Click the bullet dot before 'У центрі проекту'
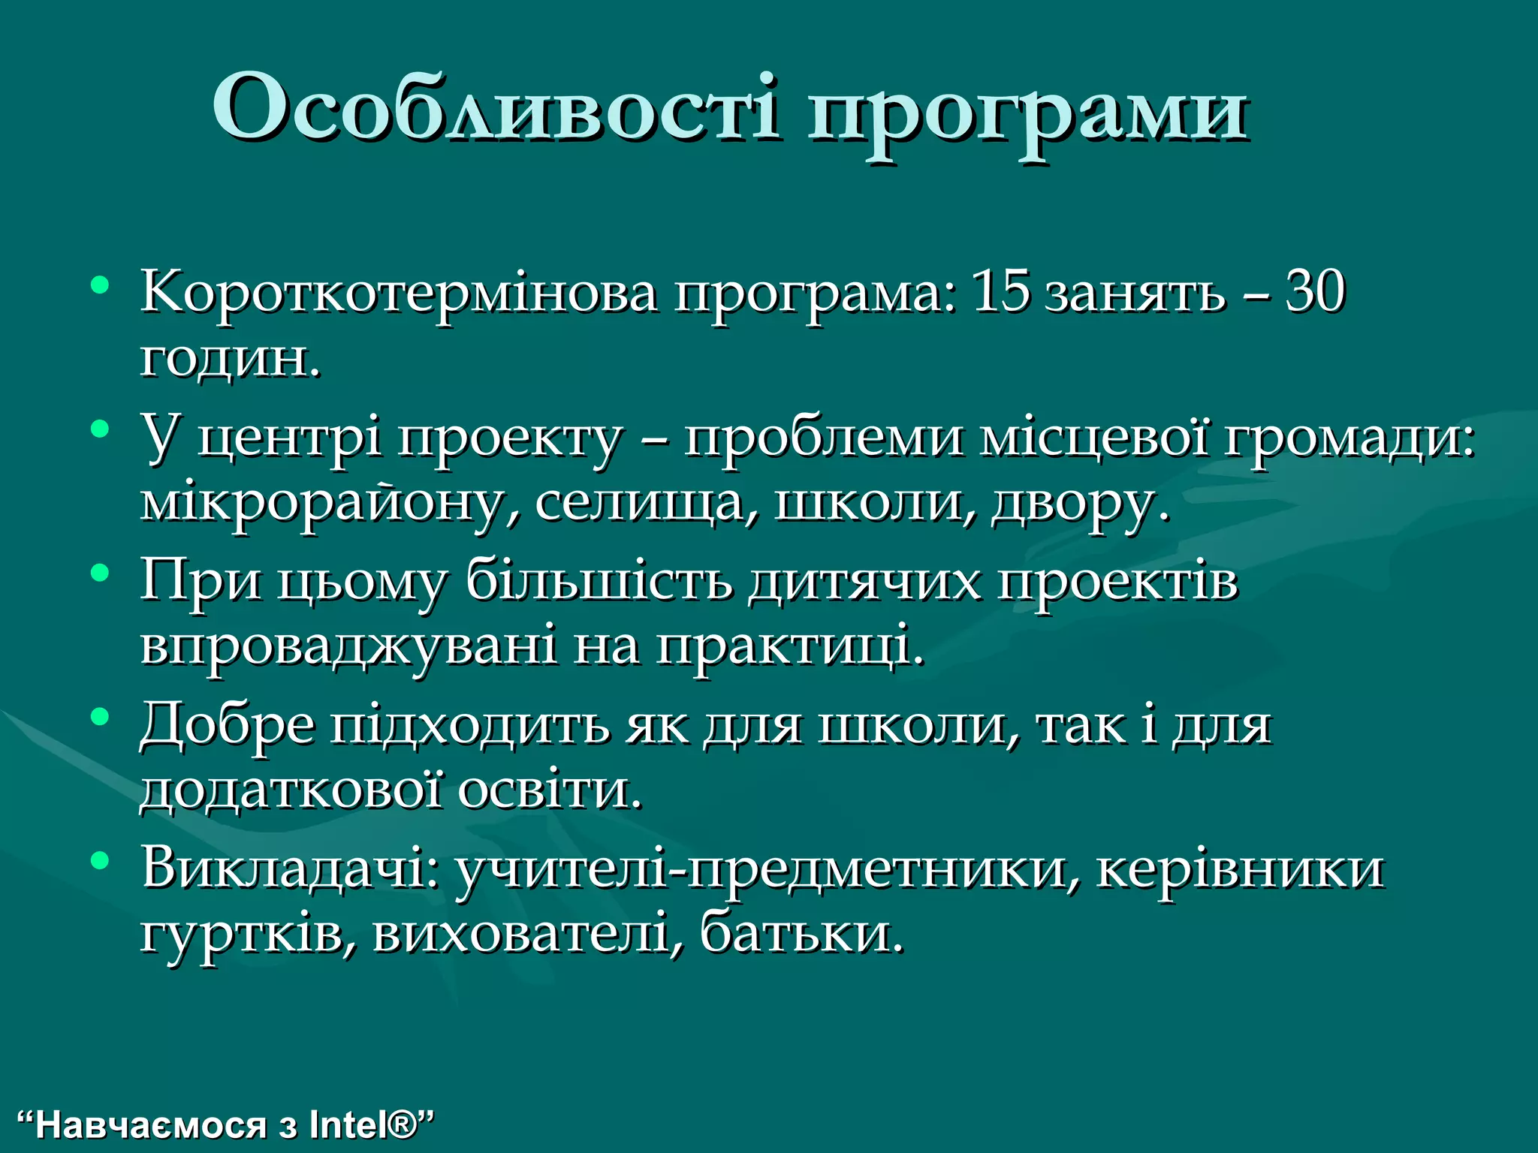[99, 429]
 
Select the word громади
[1349, 438]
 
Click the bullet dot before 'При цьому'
[99, 573]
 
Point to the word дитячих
[864, 581]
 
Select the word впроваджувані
[348, 646]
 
